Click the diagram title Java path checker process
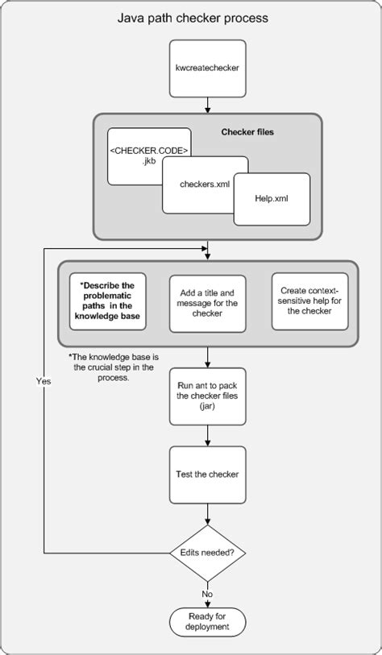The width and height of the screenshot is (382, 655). tap(192, 17)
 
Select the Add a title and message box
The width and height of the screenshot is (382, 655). tap(208, 303)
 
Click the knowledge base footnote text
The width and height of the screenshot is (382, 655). tap(106, 366)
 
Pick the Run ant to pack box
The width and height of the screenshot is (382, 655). tap(207, 396)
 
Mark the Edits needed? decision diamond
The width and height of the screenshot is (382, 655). tap(208, 553)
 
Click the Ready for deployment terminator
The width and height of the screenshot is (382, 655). tap(208, 620)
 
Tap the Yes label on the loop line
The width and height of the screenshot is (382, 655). tap(44, 381)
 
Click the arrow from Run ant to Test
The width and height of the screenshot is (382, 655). tap(208, 435)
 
